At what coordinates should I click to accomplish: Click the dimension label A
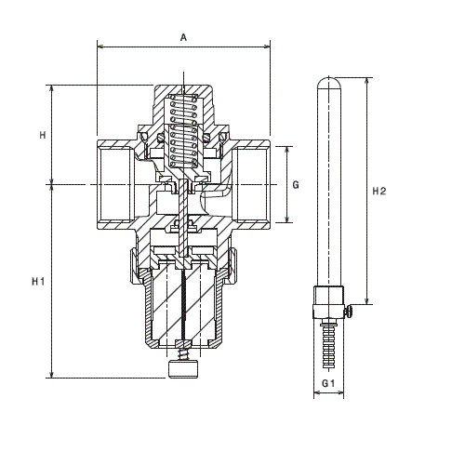tap(183, 37)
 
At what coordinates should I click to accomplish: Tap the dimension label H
tap(43, 135)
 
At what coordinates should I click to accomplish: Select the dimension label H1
tap(38, 282)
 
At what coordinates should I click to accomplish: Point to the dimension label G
tap(296, 185)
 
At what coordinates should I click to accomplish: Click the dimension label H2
tap(379, 192)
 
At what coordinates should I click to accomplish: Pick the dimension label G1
tap(328, 383)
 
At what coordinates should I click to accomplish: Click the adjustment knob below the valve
tap(183, 369)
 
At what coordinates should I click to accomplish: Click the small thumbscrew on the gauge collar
tap(349, 312)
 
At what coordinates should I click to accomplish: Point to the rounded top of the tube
tap(329, 82)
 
